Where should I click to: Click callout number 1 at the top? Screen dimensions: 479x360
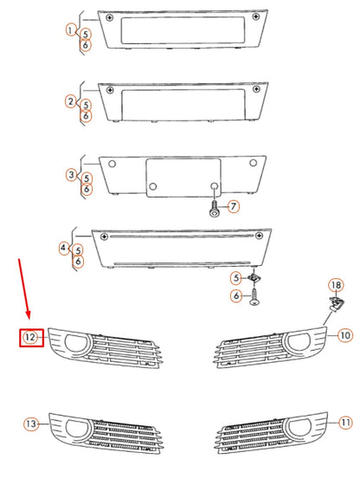(x=70, y=30)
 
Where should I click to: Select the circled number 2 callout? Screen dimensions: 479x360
(x=70, y=102)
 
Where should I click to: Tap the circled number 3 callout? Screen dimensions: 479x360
(x=71, y=175)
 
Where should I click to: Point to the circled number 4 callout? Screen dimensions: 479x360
(x=64, y=249)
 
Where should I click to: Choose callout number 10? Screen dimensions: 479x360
(x=344, y=334)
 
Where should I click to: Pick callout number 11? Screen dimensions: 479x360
(x=345, y=423)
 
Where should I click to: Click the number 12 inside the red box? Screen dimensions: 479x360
(x=31, y=337)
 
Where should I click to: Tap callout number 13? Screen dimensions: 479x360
(x=31, y=424)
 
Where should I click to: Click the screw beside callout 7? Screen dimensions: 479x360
(x=214, y=208)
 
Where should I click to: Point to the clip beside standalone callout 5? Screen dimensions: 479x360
(x=252, y=279)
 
